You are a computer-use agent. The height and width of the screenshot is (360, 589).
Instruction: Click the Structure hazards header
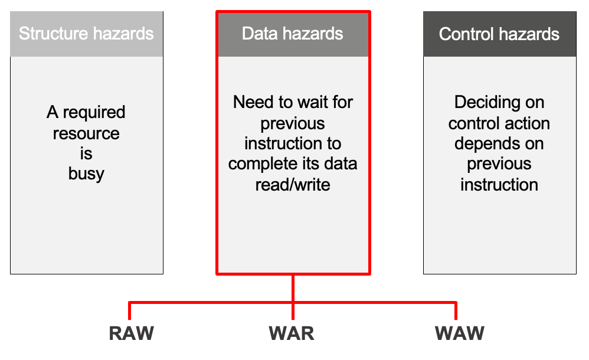click(86, 33)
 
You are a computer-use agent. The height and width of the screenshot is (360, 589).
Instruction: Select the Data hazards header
click(293, 33)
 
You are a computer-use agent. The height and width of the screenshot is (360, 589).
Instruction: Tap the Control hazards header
click(499, 34)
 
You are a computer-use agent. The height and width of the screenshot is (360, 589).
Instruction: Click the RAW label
click(131, 333)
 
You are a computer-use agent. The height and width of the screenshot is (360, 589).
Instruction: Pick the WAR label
click(292, 333)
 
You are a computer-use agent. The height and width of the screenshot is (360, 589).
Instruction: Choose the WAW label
click(459, 333)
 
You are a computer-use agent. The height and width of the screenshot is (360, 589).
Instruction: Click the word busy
click(86, 174)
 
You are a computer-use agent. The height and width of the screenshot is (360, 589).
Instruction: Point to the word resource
click(86, 133)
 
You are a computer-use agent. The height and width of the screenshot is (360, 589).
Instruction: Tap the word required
click(94, 113)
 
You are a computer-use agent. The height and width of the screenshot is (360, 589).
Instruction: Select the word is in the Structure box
click(86, 153)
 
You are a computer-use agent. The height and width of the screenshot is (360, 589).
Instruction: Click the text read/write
click(293, 185)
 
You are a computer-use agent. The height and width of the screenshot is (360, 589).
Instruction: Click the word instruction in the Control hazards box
click(499, 185)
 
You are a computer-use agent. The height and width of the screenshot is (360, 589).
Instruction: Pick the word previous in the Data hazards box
click(293, 123)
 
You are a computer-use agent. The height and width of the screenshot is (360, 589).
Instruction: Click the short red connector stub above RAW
click(130, 310)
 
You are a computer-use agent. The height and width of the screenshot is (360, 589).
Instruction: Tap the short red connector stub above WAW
click(456, 310)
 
